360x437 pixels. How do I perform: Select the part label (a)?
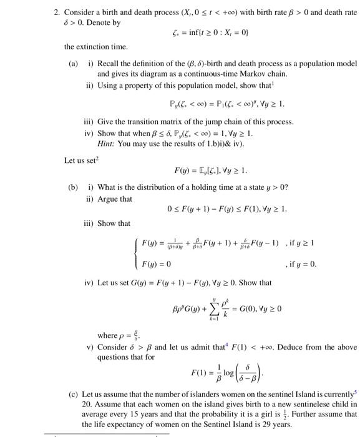[x=73, y=63]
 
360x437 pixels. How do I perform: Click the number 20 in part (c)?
[x=86, y=405]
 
